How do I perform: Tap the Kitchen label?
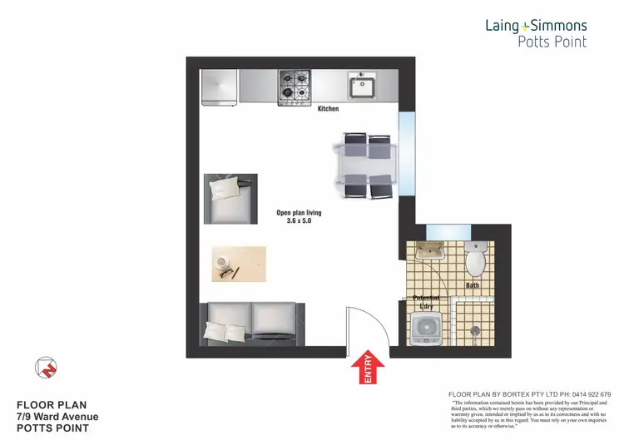click(x=329, y=108)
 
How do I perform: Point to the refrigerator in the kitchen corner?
click(x=220, y=87)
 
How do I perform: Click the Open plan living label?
click(x=299, y=213)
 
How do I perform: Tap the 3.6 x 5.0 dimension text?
click(x=299, y=221)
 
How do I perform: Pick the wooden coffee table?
click(x=239, y=264)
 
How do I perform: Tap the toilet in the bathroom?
click(x=476, y=260)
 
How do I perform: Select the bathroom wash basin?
click(x=430, y=254)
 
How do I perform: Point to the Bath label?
click(x=473, y=285)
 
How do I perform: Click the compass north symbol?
click(x=47, y=367)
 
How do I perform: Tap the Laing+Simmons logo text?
click(x=537, y=26)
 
